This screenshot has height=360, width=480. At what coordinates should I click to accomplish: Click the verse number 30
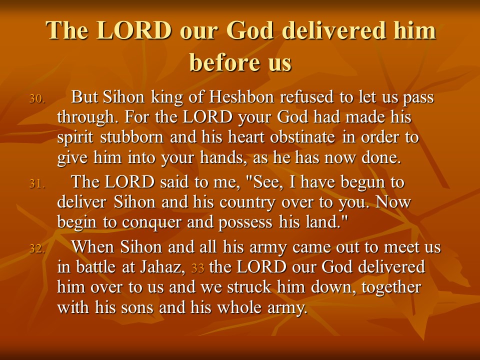(x=37, y=99)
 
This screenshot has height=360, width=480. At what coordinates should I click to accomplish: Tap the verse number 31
(x=37, y=183)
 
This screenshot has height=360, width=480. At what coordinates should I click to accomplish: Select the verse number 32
(x=37, y=248)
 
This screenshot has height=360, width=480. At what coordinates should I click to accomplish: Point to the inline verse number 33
(x=198, y=268)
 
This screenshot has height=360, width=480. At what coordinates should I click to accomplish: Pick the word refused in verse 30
(x=306, y=97)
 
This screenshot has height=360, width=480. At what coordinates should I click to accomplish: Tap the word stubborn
(x=132, y=137)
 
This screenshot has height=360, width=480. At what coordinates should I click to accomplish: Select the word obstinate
(x=302, y=137)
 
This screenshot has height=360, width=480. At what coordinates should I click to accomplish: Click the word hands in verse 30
(x=222, y=157)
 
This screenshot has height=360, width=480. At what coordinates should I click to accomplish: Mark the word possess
(x=245, y=222)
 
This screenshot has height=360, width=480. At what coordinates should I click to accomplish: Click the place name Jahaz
(x=162, y=266)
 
